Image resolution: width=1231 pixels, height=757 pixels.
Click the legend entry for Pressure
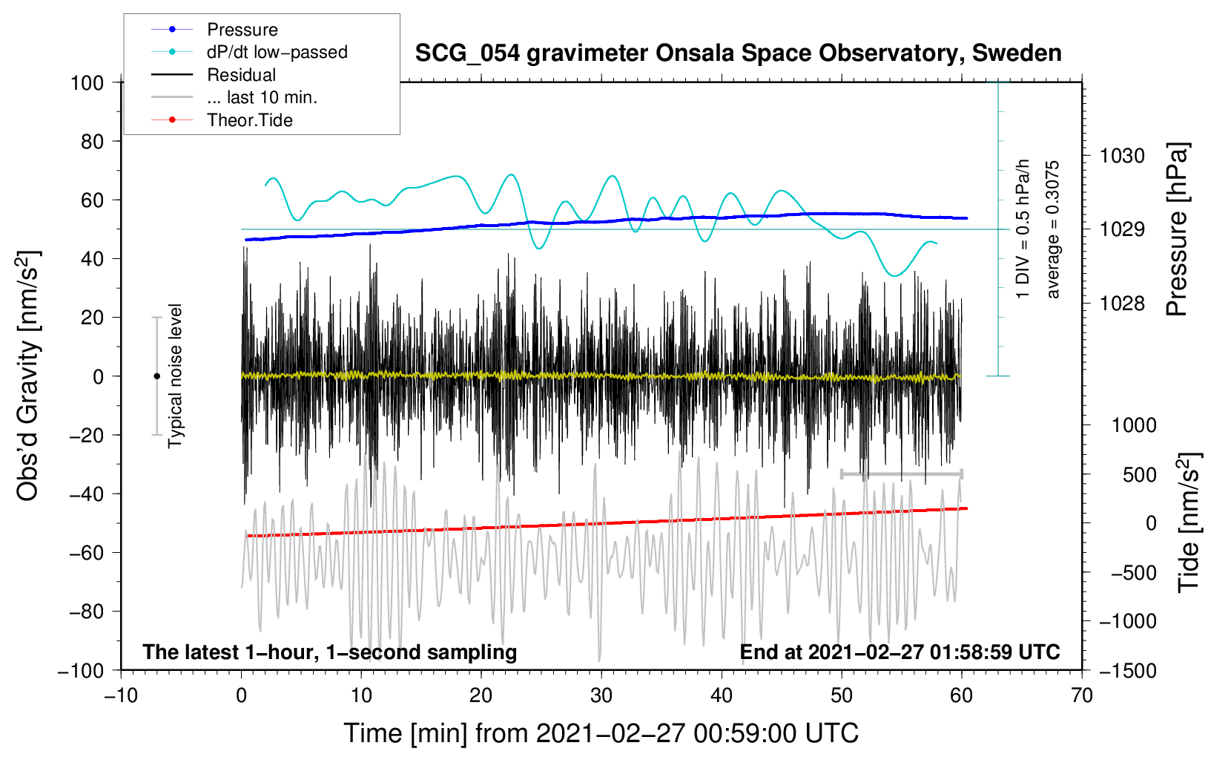(x=215, y=29)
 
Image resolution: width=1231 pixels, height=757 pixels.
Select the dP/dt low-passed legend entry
(x=249, y=52)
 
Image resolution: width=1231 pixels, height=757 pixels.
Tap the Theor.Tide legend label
(x=249, y=120)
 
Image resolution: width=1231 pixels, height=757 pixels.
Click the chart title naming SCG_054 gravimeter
(x=738, y=53)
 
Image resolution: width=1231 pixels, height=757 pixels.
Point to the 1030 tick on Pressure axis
(x=1122, y=157)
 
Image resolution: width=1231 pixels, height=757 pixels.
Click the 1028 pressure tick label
(x=1122, y=303)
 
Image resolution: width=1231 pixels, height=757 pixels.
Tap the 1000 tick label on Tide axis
(x=1135, y=425)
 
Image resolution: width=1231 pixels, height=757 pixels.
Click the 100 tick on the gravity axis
(x=88, y=83)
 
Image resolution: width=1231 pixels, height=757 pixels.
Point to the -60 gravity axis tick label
(x=86, y=553)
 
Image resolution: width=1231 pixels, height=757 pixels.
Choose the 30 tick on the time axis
(x=601, y=696)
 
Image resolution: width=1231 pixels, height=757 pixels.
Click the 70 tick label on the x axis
(x=1081, y=696)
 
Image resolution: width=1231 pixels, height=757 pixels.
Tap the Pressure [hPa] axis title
(x=1177, y=229)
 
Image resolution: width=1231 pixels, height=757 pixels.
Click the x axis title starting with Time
(x=601, y=733)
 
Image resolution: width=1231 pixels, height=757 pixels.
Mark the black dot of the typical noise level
(x=156, y=376)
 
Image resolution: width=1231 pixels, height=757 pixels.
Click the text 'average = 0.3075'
(x=1052, y=230)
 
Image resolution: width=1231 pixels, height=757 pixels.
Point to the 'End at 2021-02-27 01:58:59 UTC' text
(x=900, y=652)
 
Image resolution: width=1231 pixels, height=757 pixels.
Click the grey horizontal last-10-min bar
(x=902, y=473)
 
